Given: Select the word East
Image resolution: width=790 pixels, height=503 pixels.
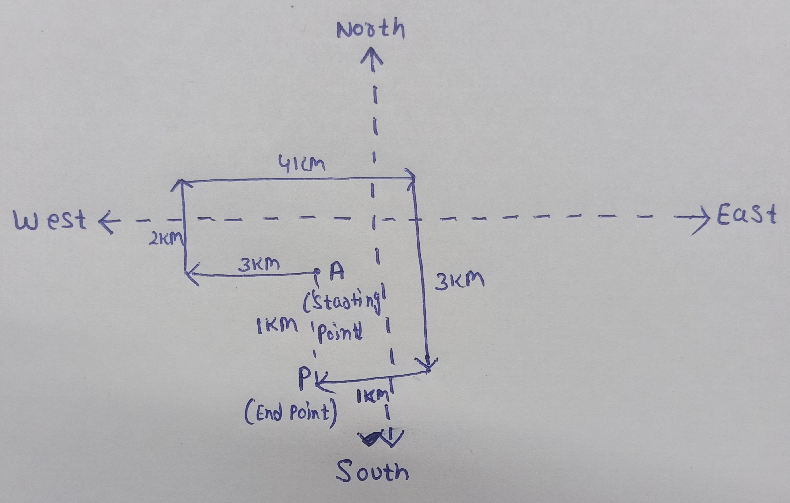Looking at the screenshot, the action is click(746, 215).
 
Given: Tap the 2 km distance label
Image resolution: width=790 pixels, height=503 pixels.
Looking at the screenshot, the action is click(166, 240).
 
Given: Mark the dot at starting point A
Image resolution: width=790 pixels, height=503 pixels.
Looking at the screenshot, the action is click(317, 272).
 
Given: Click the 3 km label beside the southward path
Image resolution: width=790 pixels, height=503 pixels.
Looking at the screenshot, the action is click(459, 281).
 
